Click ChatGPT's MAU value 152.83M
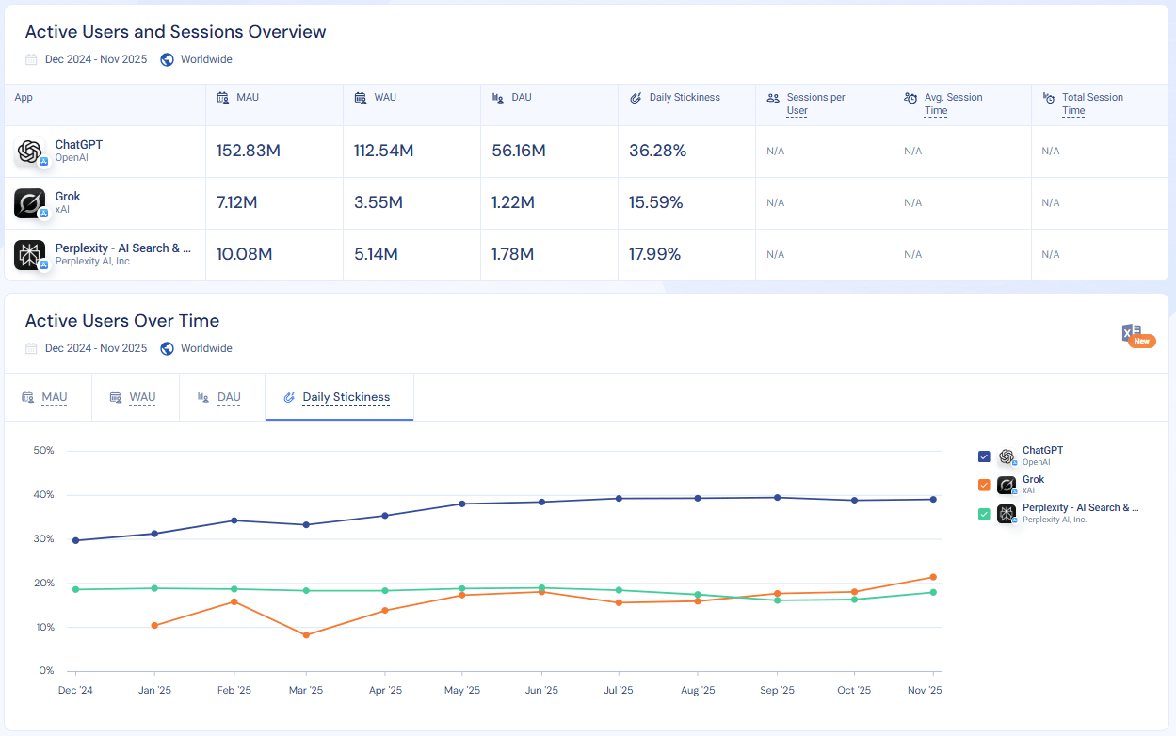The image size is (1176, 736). (248, 151)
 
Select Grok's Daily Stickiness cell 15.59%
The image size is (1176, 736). (655, 202)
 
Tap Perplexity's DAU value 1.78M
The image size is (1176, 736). (512, 254)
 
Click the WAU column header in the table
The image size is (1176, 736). (384, 98)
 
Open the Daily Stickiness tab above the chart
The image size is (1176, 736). (346, 397)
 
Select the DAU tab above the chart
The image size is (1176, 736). (229, 397)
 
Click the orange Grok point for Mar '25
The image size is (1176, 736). (306, 635)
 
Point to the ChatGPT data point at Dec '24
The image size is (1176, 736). (75, 540)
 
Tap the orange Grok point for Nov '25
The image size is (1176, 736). (933, 577)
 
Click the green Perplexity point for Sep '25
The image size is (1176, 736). (777, 600)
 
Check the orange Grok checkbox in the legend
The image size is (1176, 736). (984, 485)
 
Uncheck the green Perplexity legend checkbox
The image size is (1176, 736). (984, 514)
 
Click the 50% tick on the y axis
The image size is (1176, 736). (43, 450)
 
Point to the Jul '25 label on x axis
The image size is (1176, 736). (618, 690)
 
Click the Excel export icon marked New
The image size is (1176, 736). (1133, 334)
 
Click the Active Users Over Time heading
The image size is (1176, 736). (121, 321)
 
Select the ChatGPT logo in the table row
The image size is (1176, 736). (29, 152)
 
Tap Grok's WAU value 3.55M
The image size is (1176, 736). (379, 202)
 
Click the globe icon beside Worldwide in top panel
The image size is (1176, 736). (168, 59)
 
